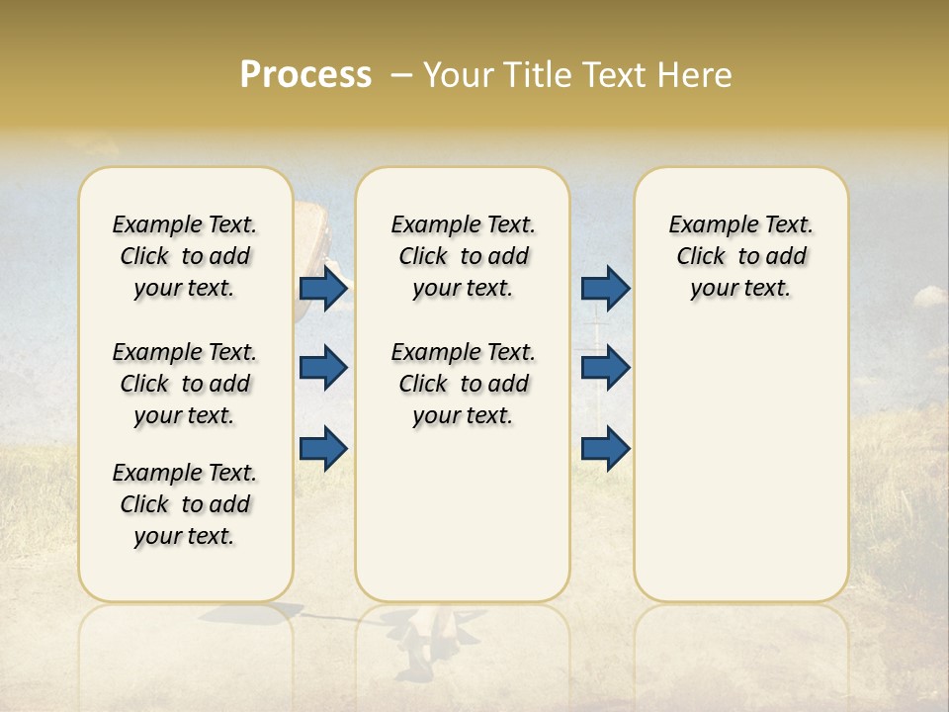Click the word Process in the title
pos(305,74)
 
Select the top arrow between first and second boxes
pos(323,289)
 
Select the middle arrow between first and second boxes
pos(323,368)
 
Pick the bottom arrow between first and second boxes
pos(323,448)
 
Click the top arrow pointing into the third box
pos(606,289)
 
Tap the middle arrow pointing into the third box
pos(606,368)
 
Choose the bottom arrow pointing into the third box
pos(606,448)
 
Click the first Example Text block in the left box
pos(185,256)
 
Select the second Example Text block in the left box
pos(185,384)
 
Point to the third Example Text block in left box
pos(185,504)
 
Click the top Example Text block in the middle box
pos(463,256)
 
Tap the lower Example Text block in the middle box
pos(463,384)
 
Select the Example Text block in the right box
pos(740,256)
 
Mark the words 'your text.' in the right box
pos(740,289)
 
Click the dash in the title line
pos(401,74)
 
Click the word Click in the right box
pos(701,257)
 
